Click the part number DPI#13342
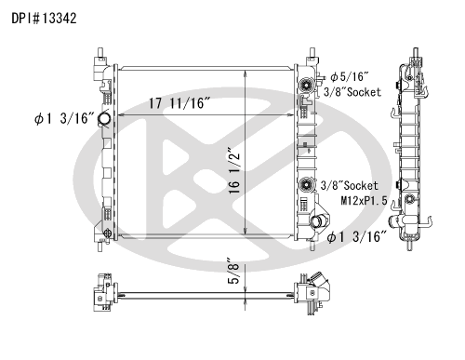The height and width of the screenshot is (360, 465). coord(44,19)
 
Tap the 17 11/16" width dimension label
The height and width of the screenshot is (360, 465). coord(179,103)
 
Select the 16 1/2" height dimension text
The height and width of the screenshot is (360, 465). coord(235,170)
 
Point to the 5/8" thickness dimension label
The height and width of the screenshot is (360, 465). coord(233,271)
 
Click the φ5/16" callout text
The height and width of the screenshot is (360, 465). coord(350,76)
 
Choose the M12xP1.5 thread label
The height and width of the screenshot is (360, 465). coord(364,201)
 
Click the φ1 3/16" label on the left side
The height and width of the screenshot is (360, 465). coord(64,119)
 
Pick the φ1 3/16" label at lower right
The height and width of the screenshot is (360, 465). coord(357,237)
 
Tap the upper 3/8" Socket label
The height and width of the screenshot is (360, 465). coord(352,92)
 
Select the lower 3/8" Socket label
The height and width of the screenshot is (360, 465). coord(350,186)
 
